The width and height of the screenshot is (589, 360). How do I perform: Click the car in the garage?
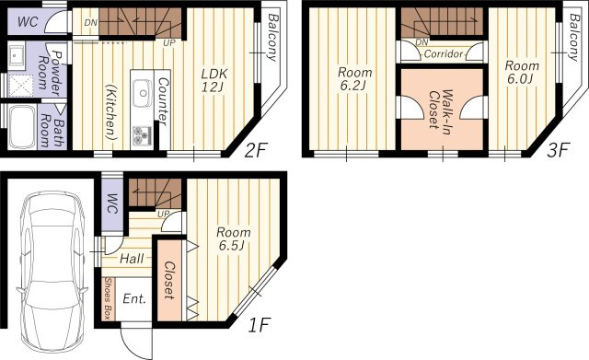[x=51, y=272]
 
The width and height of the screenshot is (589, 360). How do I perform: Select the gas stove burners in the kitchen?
[x=142, y=135]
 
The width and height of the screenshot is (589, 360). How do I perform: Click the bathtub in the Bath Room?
[x=22, y=127]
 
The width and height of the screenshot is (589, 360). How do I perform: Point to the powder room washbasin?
[x=16, y=55]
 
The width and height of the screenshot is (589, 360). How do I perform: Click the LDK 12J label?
[x=214, y=80]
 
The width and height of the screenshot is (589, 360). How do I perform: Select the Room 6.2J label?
[x=354, y=78]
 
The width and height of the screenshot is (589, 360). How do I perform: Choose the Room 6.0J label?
[x=522, y=72]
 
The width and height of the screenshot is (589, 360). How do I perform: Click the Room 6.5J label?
[x=233, y=238]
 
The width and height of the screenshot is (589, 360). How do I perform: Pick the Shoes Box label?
[x=108, y=298]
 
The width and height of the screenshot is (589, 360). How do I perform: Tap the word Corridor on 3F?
[x=444, y=54]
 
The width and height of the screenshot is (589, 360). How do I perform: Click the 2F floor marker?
[x=255, y=151]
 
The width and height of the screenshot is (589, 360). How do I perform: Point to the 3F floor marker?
[x=559, y=150]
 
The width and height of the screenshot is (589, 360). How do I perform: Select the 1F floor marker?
[x=260, y=325]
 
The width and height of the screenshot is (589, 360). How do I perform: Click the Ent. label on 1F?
[x=134, y=298]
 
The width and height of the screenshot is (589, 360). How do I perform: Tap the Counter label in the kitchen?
[x=163, y=101]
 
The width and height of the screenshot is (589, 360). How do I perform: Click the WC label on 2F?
[x=28, y=22]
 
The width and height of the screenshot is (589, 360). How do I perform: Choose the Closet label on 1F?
[x=169, y=280]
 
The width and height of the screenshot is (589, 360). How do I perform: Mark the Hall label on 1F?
[x=132, y=259]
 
